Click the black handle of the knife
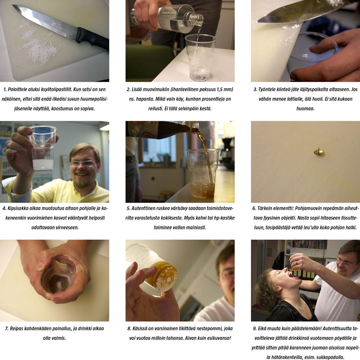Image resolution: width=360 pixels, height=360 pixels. coord(92,39)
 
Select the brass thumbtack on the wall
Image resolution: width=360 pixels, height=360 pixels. coord(319,153)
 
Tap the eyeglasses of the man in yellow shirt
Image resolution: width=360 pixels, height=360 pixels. coord(82,163)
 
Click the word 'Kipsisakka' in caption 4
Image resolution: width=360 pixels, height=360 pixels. coord(18,208)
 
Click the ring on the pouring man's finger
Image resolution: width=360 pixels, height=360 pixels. coord(297,262)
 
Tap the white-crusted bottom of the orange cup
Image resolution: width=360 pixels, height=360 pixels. coord(166,277)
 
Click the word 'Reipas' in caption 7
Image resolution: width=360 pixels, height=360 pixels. coord(16,328)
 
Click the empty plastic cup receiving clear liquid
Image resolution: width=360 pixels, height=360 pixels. coord(200,58)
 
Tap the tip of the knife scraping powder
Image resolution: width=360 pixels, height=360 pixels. coord(258,21)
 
